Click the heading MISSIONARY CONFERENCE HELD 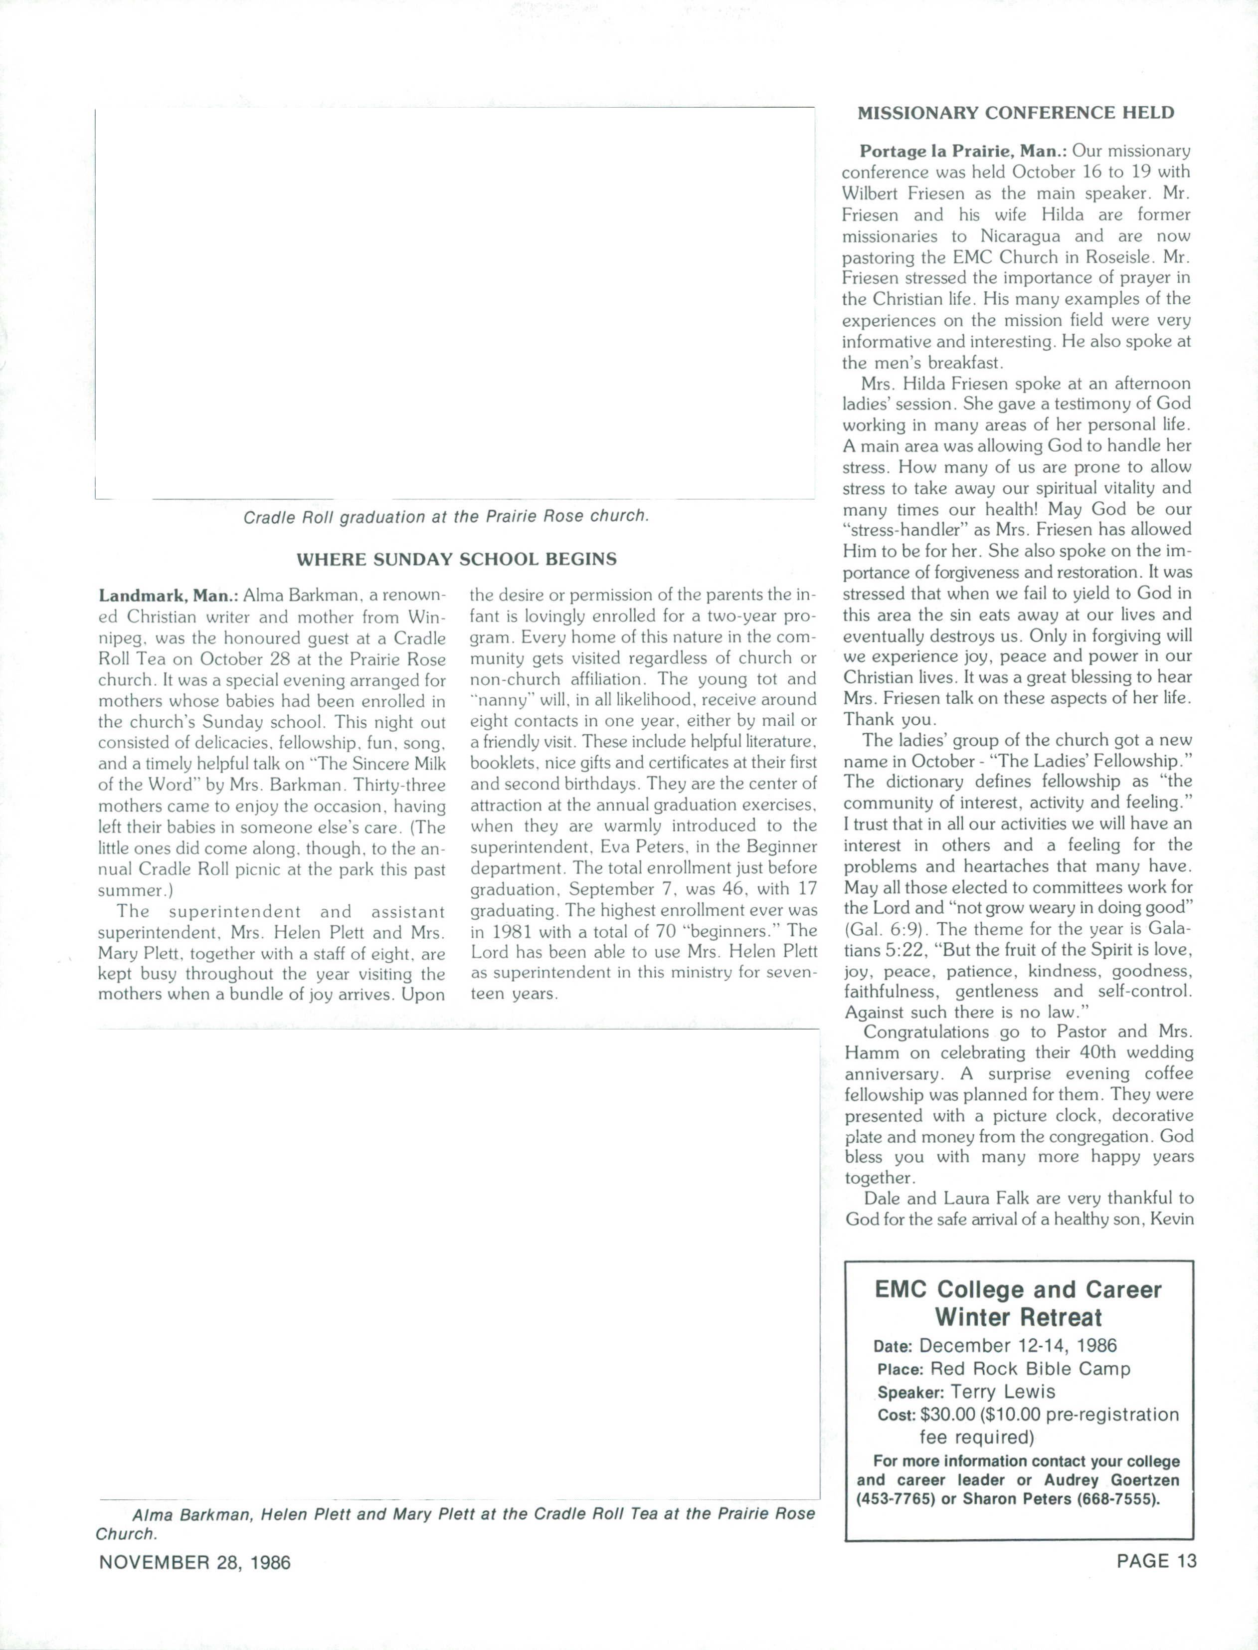pyautogui.click(x=1015, y=113)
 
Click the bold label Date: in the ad pyautogui.click(x=893, y=1346)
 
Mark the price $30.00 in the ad pyautogui.click(x=948, y=1415)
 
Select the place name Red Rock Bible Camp pyautogui.click(x=1030, y=1369)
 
